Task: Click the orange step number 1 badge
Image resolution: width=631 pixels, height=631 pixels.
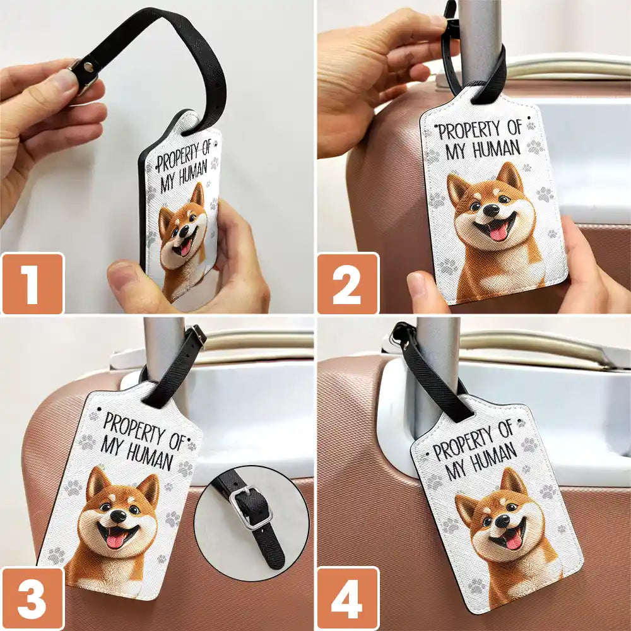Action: point(32,283)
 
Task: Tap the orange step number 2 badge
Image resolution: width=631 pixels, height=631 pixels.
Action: point(347,283)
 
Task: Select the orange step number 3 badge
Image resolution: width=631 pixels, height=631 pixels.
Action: point(32,598)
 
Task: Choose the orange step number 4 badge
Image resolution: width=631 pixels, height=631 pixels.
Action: point(347,598)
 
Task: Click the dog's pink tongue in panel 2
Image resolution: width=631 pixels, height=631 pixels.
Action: point(498,232)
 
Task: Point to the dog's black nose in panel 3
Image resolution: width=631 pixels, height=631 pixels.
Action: point(118,516)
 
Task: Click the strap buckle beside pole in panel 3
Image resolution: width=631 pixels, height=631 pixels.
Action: point(197,335)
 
